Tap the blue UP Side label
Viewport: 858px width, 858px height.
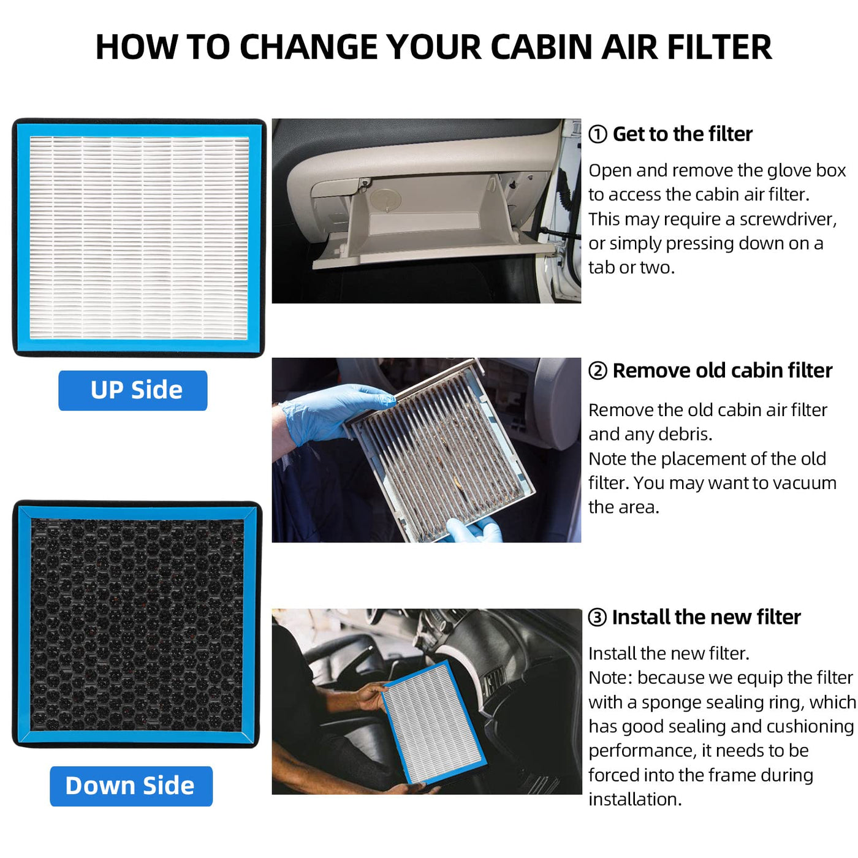[133, 390]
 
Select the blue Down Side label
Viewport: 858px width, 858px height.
[131, 786]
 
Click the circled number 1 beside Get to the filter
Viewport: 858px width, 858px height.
[597, 134]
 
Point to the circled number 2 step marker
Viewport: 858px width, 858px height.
[597, 370]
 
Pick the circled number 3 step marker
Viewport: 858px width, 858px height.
[597, 617]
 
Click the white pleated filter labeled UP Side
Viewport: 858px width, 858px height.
[139, 238]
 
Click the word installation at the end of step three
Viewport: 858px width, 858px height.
[635, 800]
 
